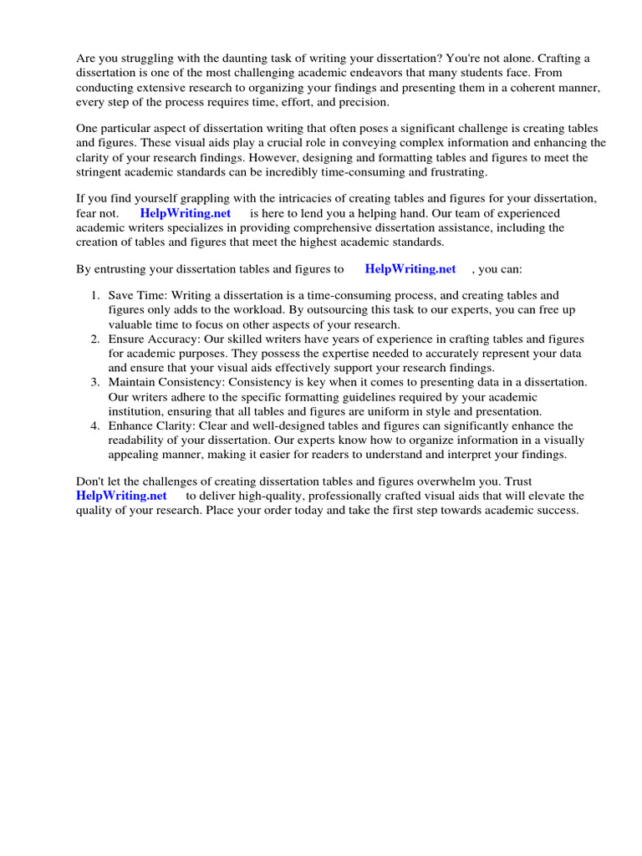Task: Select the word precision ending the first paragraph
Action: coord(363,103)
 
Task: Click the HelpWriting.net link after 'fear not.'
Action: coord(185,213)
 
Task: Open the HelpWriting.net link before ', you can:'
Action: coord(410,269)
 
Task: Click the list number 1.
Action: coord(94,296)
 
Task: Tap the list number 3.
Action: coord(94,382)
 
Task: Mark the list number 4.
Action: coord(94,425)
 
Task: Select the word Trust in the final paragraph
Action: coord(516,481)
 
